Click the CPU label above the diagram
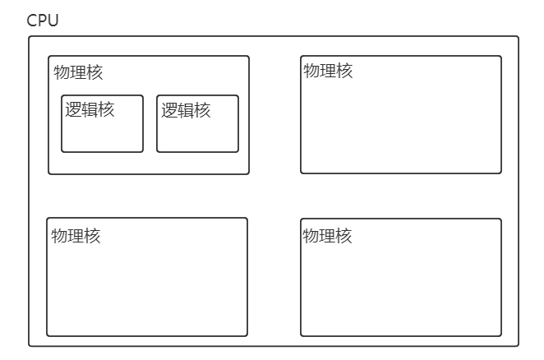(43, 21)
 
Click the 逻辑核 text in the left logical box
(90, 110)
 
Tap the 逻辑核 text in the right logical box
(186, 110)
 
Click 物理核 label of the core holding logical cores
(79, 72)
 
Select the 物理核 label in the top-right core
(328, 71)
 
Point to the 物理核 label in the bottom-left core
(76, 236)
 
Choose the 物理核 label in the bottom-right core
(327, 236)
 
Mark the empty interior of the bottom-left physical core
(147, 288)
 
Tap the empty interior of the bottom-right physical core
(401, 288)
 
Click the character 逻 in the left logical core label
(74, 110)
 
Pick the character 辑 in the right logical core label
(186, 110)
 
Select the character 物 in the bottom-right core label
(311, 236)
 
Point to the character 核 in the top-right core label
(344, 71)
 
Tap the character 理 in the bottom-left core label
(76, 236)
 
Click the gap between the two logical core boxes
(150, 123)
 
